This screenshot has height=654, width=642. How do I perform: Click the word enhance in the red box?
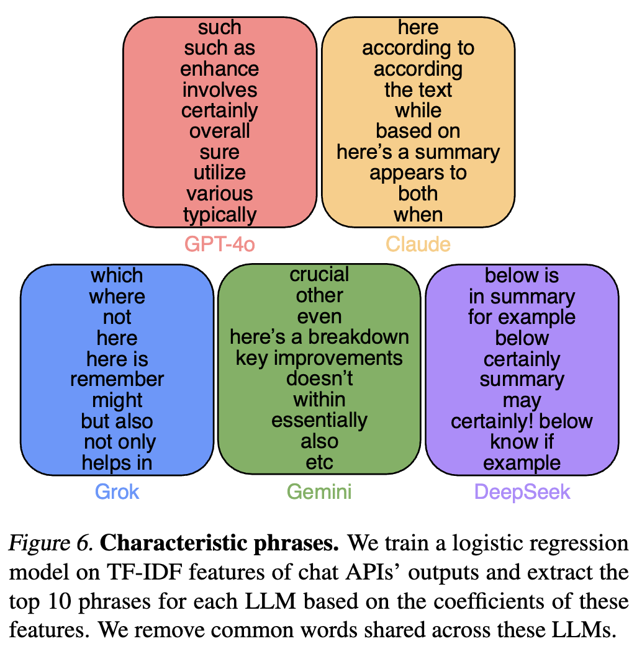click(x=220, y=69)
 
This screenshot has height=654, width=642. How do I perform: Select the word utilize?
click(x=220, y=173)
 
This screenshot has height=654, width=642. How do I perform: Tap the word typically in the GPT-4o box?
click(x=220, y=215)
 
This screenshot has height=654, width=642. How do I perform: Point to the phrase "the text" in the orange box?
click(x=418, y=90)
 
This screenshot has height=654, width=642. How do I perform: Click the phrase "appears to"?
click(x=418, y=173)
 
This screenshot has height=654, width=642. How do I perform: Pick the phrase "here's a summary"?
click(x=418, y=152)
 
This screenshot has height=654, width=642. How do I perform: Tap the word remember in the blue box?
click(x=117, y=379)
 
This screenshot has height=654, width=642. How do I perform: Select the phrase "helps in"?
click(x=117, y=462)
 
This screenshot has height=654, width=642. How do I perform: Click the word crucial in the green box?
click(x=320, y=275)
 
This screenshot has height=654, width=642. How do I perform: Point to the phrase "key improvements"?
click(x=320, y=358)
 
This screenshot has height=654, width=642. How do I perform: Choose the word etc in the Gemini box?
click(x=320, y=462)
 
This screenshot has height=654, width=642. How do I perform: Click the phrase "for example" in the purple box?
click(x=522, y=317)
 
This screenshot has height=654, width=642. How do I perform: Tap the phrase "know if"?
click(x=522, y=442)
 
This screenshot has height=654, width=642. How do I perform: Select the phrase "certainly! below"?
click(x=522, y=421)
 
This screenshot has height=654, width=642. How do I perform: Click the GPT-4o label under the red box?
click(x=220, y=244)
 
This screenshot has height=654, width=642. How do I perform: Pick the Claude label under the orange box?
click(x=418, y=244)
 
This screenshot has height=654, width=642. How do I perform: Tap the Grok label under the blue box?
click(x=117, y=492)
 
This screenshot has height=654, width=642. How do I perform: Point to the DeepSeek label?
click(x=522, y=492)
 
